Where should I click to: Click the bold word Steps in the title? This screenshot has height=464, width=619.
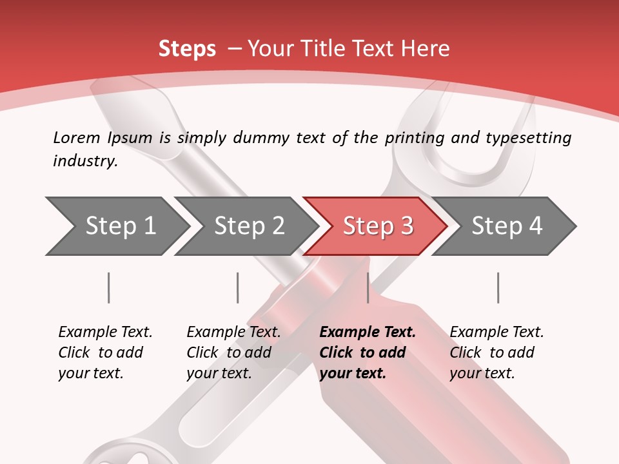(x=187, y=48)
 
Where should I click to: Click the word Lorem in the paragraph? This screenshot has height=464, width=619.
(x=77, y=137)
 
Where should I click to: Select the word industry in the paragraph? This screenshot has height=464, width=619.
(x=84, y=160)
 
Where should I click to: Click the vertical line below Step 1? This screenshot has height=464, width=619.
(x=109, y=287)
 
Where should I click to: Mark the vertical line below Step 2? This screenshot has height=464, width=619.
(x=238, y=287)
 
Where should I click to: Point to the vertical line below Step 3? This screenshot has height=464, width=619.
(x=368, y=287)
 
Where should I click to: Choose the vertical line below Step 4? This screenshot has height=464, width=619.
(x=498, y=287)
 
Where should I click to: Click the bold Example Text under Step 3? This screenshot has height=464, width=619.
(x=368, y=332)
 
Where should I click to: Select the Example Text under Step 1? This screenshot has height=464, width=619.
(x=105, y=332)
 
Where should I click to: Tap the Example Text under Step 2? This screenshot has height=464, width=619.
(x=233, y=332)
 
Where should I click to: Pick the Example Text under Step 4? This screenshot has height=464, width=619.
(x=496, y=332)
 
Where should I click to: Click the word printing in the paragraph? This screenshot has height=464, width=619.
(x=411, y=137)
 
